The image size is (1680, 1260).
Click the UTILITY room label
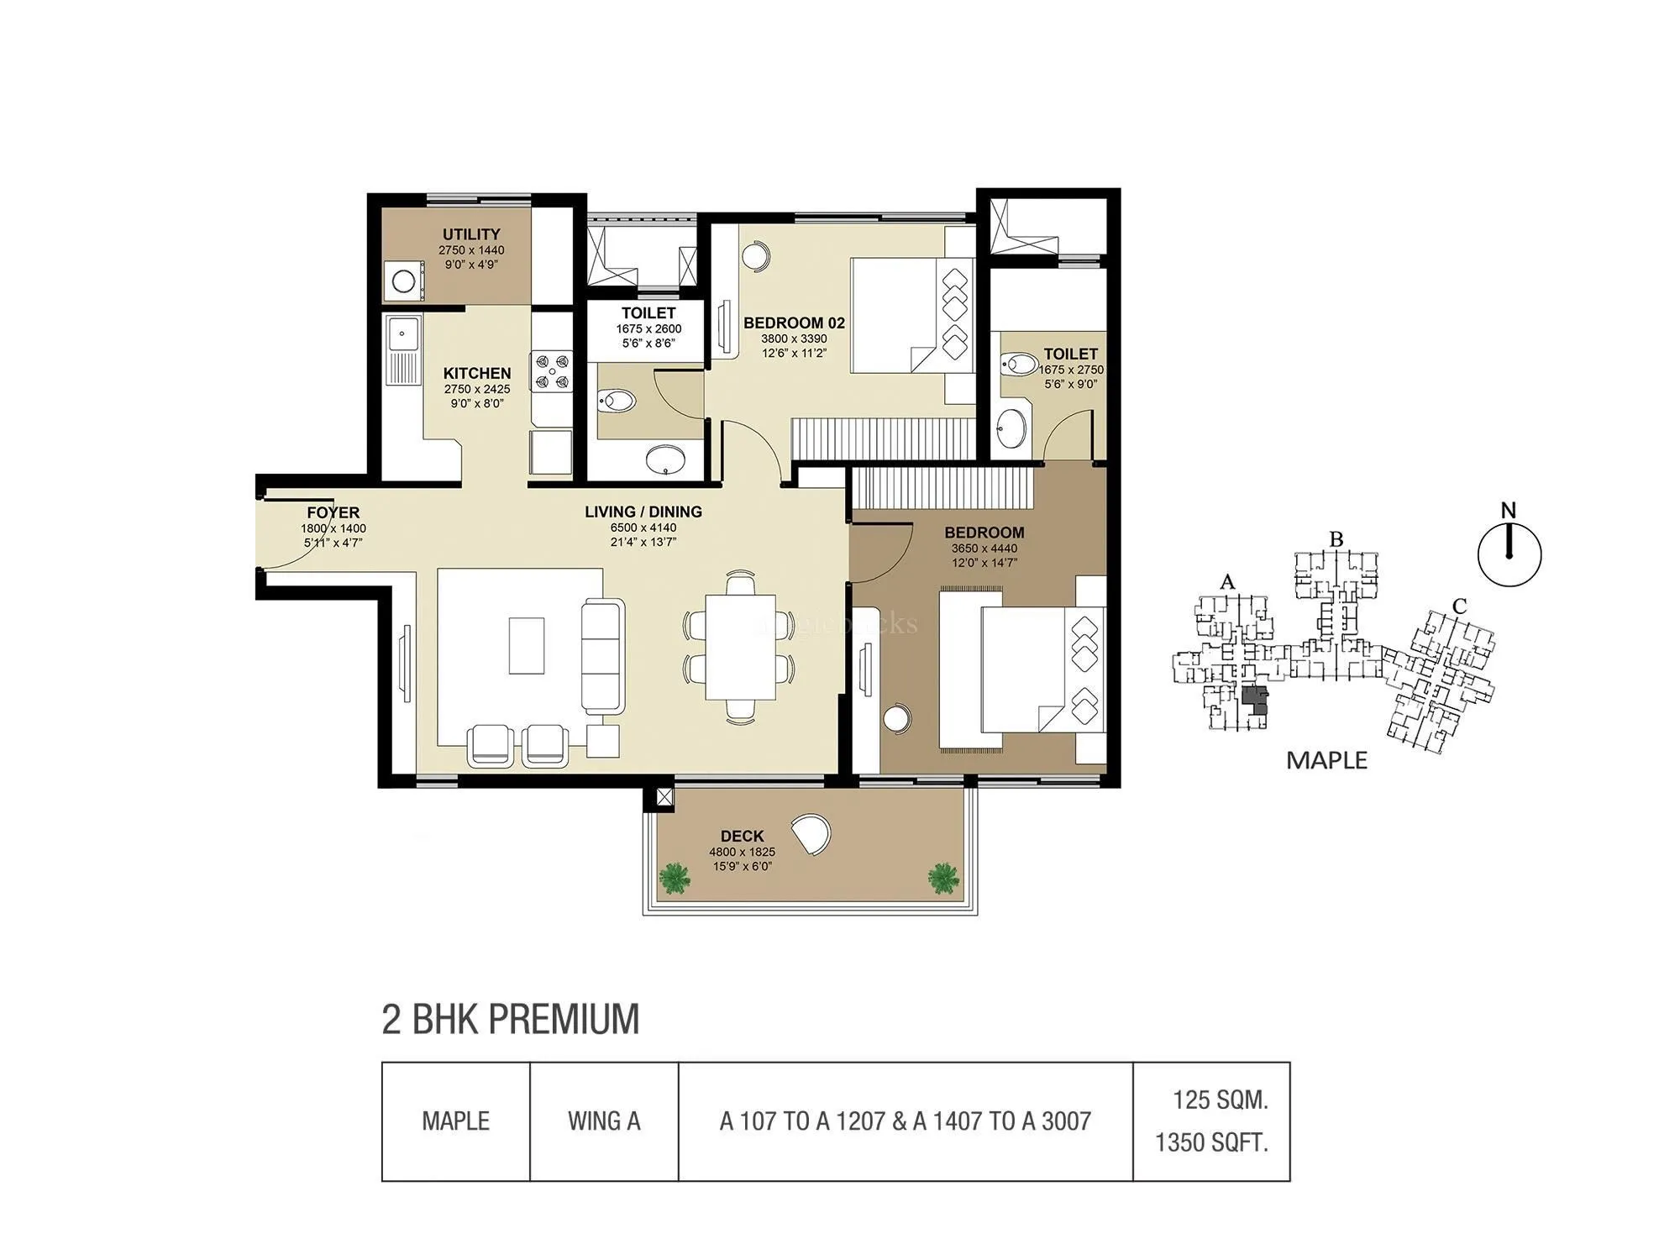[471, 234]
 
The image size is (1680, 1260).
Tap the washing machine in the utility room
[403, 281]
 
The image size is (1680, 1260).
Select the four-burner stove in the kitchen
[551, 371]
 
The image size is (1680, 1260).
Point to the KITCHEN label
[477, 373]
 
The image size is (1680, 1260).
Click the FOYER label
[333, 512]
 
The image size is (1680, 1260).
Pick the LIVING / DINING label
[643, 512]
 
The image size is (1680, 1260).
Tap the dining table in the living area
[740, 647]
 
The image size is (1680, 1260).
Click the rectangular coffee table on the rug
[527, 645]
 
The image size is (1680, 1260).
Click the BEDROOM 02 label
[794, 323]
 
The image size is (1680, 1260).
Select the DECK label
[742, 836]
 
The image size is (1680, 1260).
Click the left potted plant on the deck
[674, 879]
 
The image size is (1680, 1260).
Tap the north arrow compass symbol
[1509, 554]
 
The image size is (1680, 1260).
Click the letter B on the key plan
[1336, 539]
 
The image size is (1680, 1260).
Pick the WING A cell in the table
[604, 1121]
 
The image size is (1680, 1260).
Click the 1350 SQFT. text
[1211, 1142]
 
